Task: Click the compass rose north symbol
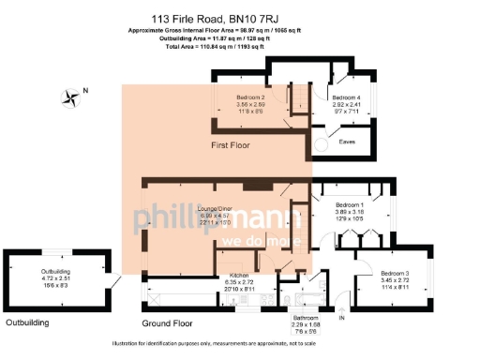pyautogui.click(x=70, y=95)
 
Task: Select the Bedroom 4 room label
pyautogui.click(x=346, y=97)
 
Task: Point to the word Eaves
pyautogui.click(x=347, y=142)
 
